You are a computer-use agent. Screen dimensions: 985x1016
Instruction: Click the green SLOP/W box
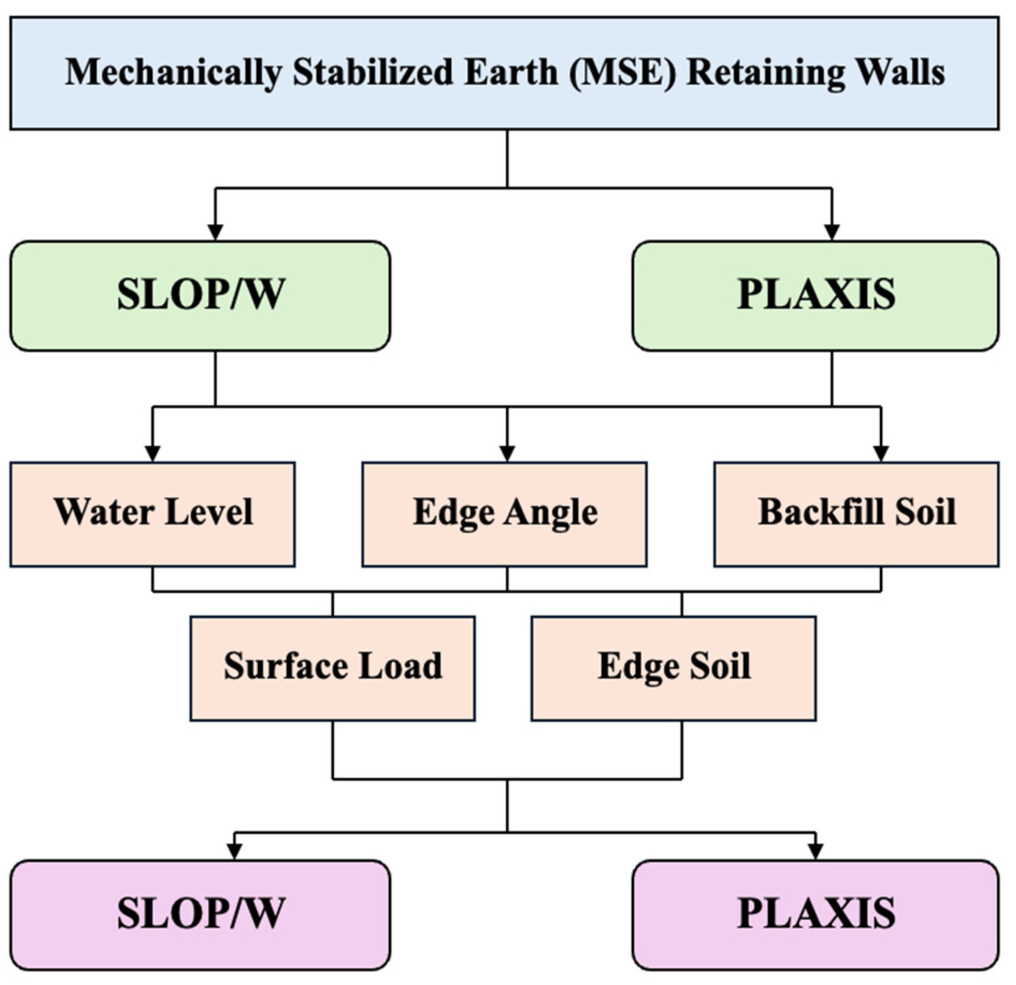coord(200,296)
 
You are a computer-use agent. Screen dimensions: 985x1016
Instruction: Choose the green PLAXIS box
coord(815,296)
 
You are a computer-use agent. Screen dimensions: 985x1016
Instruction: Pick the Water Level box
coord(153,513)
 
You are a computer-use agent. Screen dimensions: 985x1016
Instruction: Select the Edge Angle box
coord(504,513)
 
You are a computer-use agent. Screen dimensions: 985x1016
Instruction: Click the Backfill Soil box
coord(856,513)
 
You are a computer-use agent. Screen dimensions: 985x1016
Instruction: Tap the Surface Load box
coord(333,667)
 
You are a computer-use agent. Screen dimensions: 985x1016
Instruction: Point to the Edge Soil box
coord(674,667)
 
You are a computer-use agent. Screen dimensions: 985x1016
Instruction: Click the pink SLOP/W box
coord(200,915)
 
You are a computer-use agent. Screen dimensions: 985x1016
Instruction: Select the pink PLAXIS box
coord(815,915)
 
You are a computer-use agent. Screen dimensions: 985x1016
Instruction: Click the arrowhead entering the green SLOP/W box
coord(215,232)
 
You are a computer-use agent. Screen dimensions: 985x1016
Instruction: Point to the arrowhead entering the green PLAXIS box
coord(832,232)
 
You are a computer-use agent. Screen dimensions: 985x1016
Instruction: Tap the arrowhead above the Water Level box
coord(153,453)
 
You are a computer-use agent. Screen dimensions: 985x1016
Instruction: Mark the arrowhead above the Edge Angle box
coord(507,453)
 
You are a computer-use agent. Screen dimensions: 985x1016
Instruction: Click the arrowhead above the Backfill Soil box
coord(881,453)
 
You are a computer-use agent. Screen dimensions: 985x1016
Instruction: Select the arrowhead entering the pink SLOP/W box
coord(234,851)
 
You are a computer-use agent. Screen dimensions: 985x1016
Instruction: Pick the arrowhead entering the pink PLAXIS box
coord(816,851)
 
